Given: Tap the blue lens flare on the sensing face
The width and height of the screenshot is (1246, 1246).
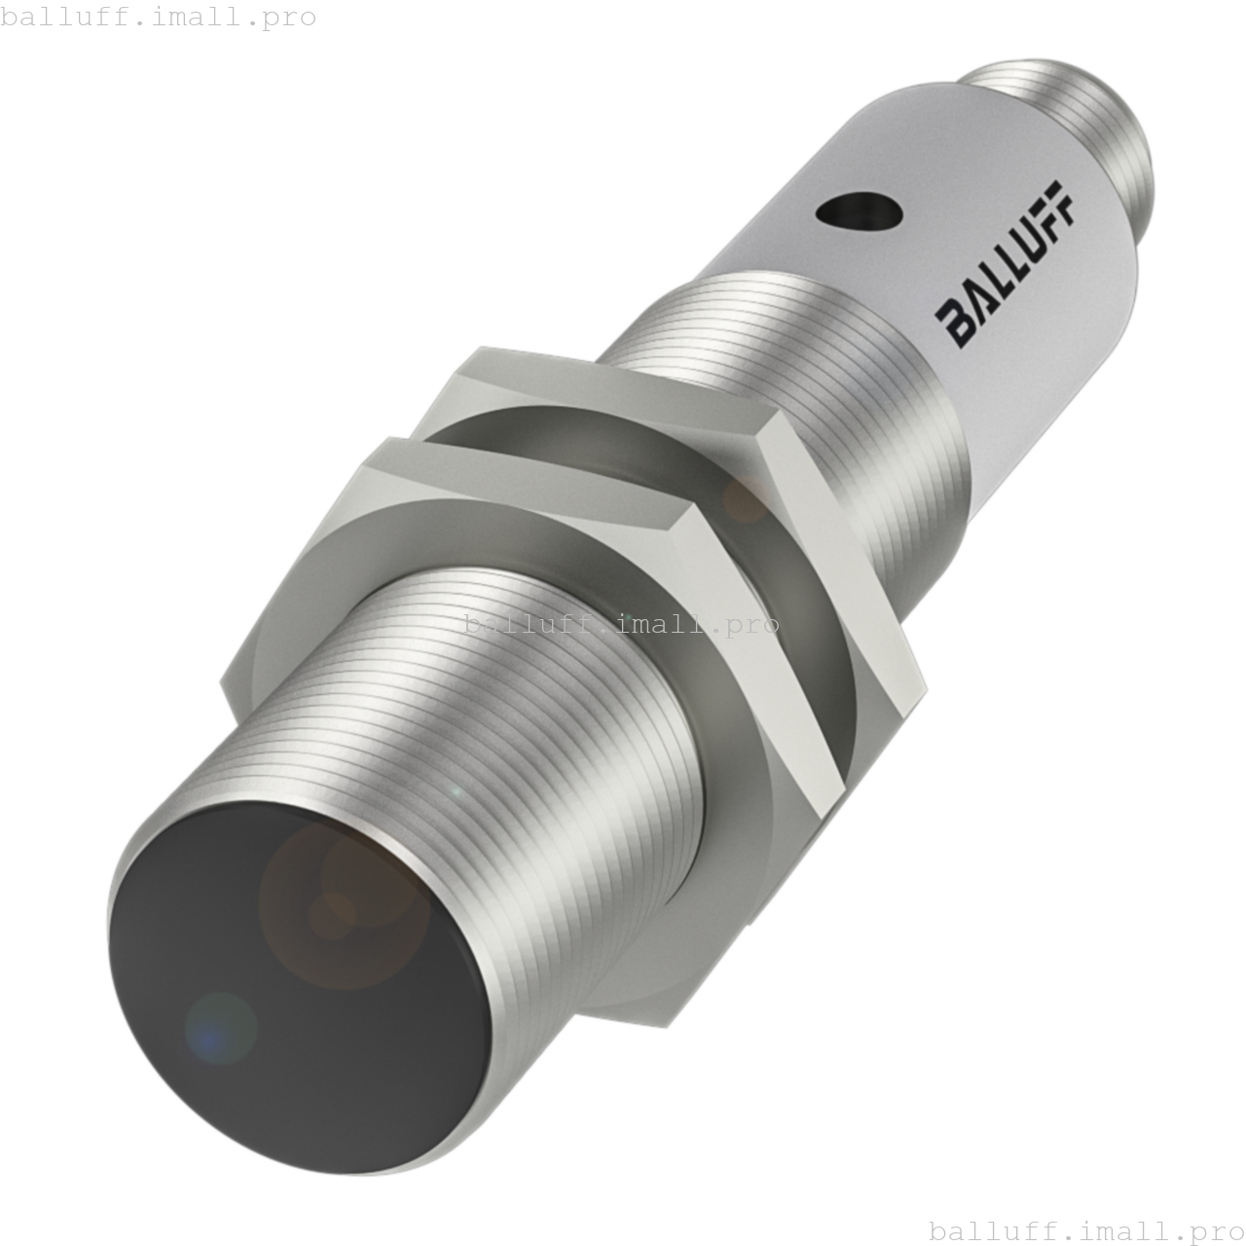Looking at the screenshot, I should coord(220,1028).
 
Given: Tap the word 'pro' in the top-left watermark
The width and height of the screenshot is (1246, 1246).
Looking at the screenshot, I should coord(289,17).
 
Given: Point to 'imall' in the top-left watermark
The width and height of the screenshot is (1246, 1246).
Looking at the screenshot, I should coord(195,17).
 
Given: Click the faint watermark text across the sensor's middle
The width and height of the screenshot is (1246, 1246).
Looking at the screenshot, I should coord(621,624).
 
